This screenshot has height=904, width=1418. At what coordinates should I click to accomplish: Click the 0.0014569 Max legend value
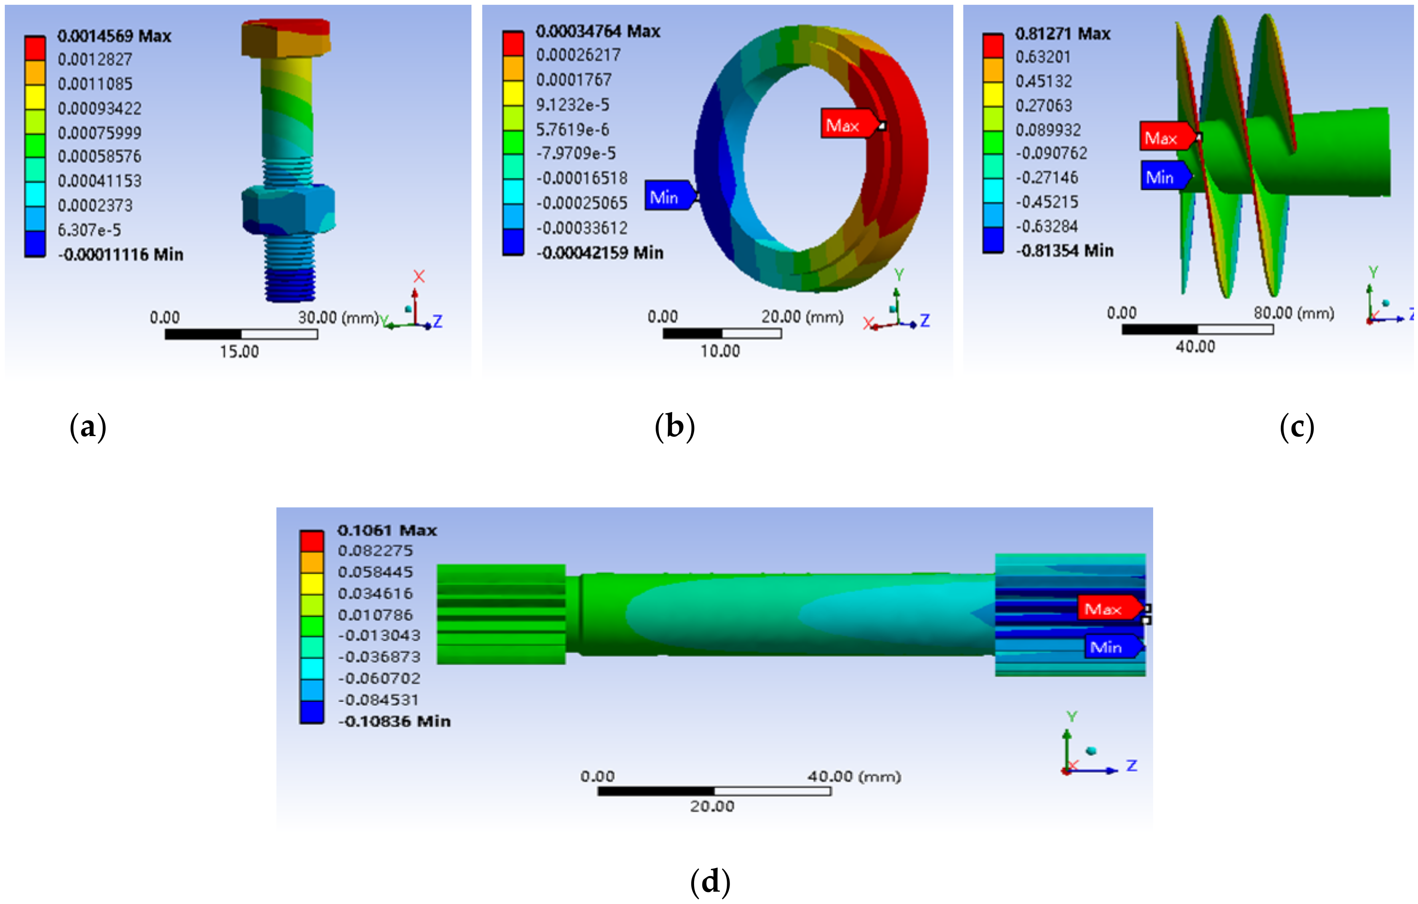pos(114,37)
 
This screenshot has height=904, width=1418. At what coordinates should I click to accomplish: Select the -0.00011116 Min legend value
pos(121,255)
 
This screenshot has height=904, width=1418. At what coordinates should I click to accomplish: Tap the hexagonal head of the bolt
pos(286,38)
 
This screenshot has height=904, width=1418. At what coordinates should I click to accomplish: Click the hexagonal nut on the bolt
pos(288,209)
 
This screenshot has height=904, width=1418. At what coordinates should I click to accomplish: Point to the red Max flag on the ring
pos(846,125)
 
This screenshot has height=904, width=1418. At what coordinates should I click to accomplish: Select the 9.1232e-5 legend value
pos(572,105)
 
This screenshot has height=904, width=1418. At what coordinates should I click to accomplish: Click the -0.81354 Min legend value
pos(1065,251)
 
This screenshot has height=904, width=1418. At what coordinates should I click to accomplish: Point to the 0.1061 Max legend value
pos(387,530)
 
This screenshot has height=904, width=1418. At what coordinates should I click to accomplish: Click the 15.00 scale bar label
pos(239,352)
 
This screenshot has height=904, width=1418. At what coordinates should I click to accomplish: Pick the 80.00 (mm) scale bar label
pos(1293,313)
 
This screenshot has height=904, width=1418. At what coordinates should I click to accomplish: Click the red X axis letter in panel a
pos(419,276)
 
